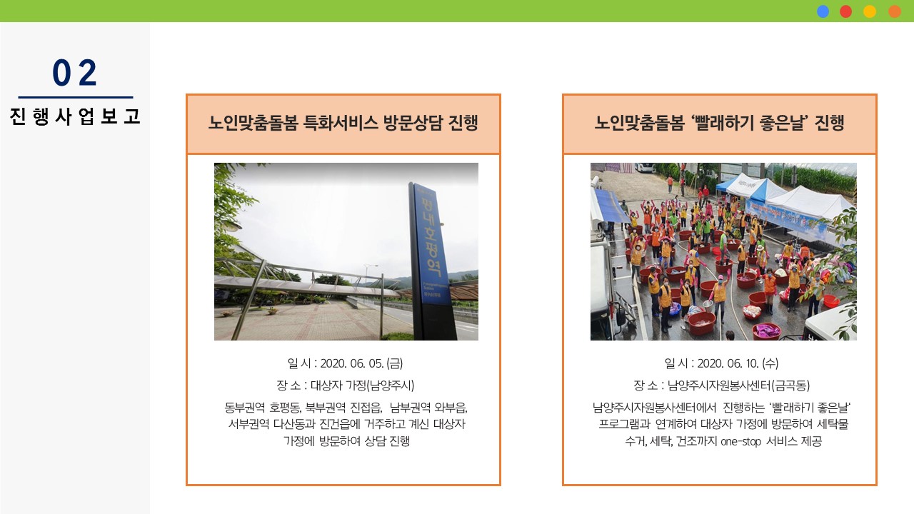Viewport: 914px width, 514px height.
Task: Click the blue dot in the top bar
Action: click(x=823, y=11)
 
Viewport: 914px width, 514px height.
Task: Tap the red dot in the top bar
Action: click(x=846, y=11)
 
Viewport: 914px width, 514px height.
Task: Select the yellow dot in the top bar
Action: click(x=870, y=11)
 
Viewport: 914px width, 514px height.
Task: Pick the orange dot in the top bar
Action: click(x=895, y=11)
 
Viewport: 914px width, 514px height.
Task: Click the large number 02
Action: click(x=75, y=73)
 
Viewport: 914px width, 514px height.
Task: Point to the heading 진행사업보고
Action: click(x=75, y=116)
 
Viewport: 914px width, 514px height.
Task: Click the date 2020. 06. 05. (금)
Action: click(x=361, y=363)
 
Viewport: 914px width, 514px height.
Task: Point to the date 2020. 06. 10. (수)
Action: click(x=738, y=363)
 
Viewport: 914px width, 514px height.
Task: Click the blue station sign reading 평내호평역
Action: click(x=431, y=245)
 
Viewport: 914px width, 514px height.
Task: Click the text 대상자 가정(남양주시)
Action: click(x=362, y=385)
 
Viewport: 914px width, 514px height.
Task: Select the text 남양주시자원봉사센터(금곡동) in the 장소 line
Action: click(x=738, y=385)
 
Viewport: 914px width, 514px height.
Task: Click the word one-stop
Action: click(x=740, y=442)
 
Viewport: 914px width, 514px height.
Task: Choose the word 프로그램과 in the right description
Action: click(x=624, y=424)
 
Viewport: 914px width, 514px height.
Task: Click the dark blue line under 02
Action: click(x=76, y=98)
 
